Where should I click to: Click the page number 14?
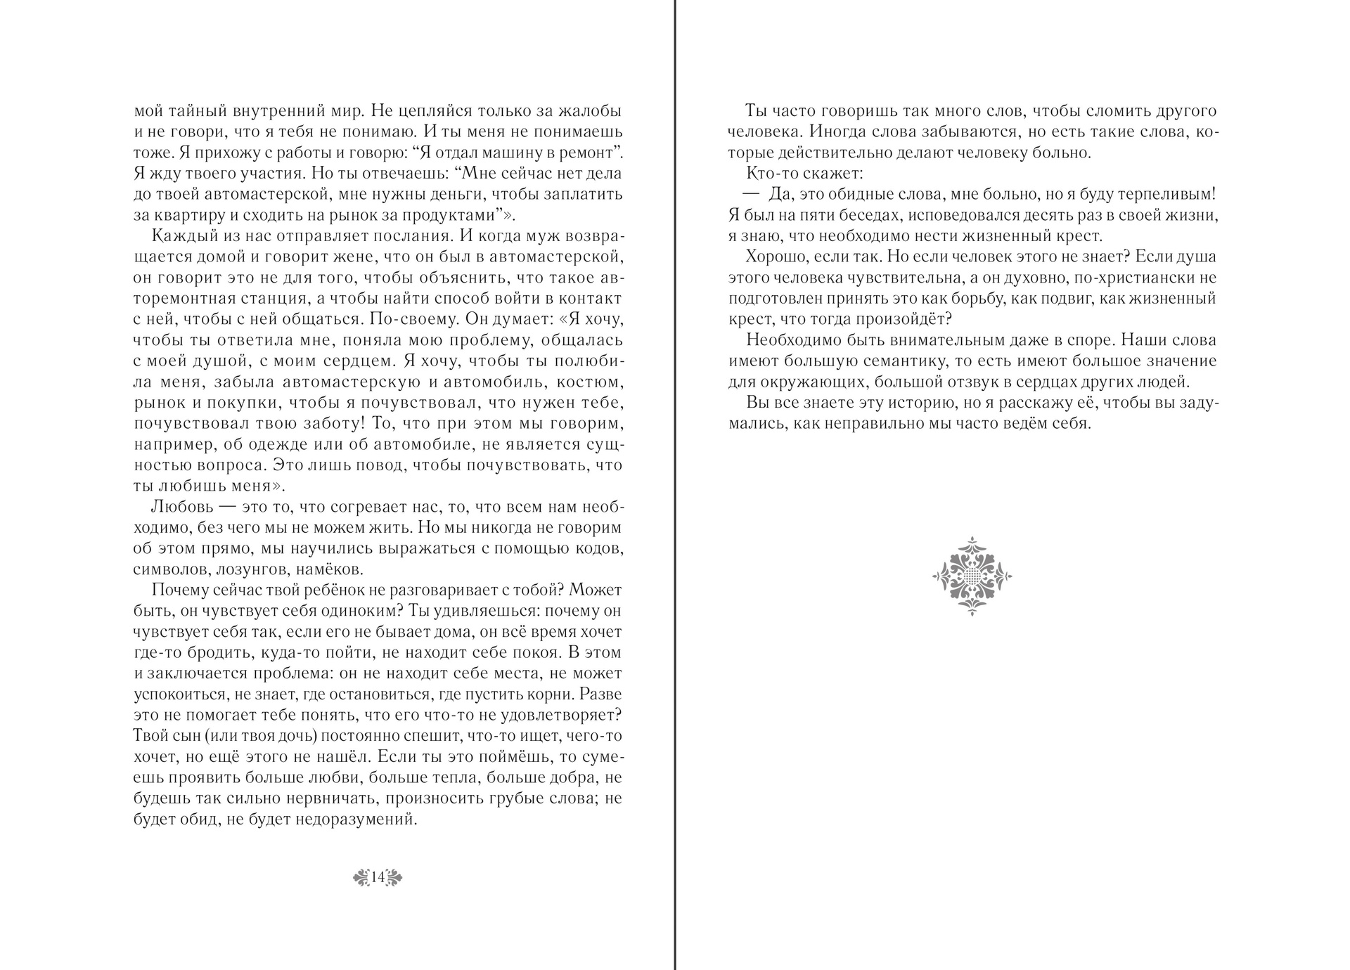point(378,877)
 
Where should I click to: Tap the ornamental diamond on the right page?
point(972,576)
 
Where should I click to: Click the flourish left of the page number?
point(361,877)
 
